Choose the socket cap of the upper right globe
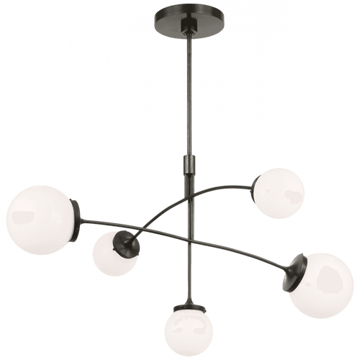coord(261,194)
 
